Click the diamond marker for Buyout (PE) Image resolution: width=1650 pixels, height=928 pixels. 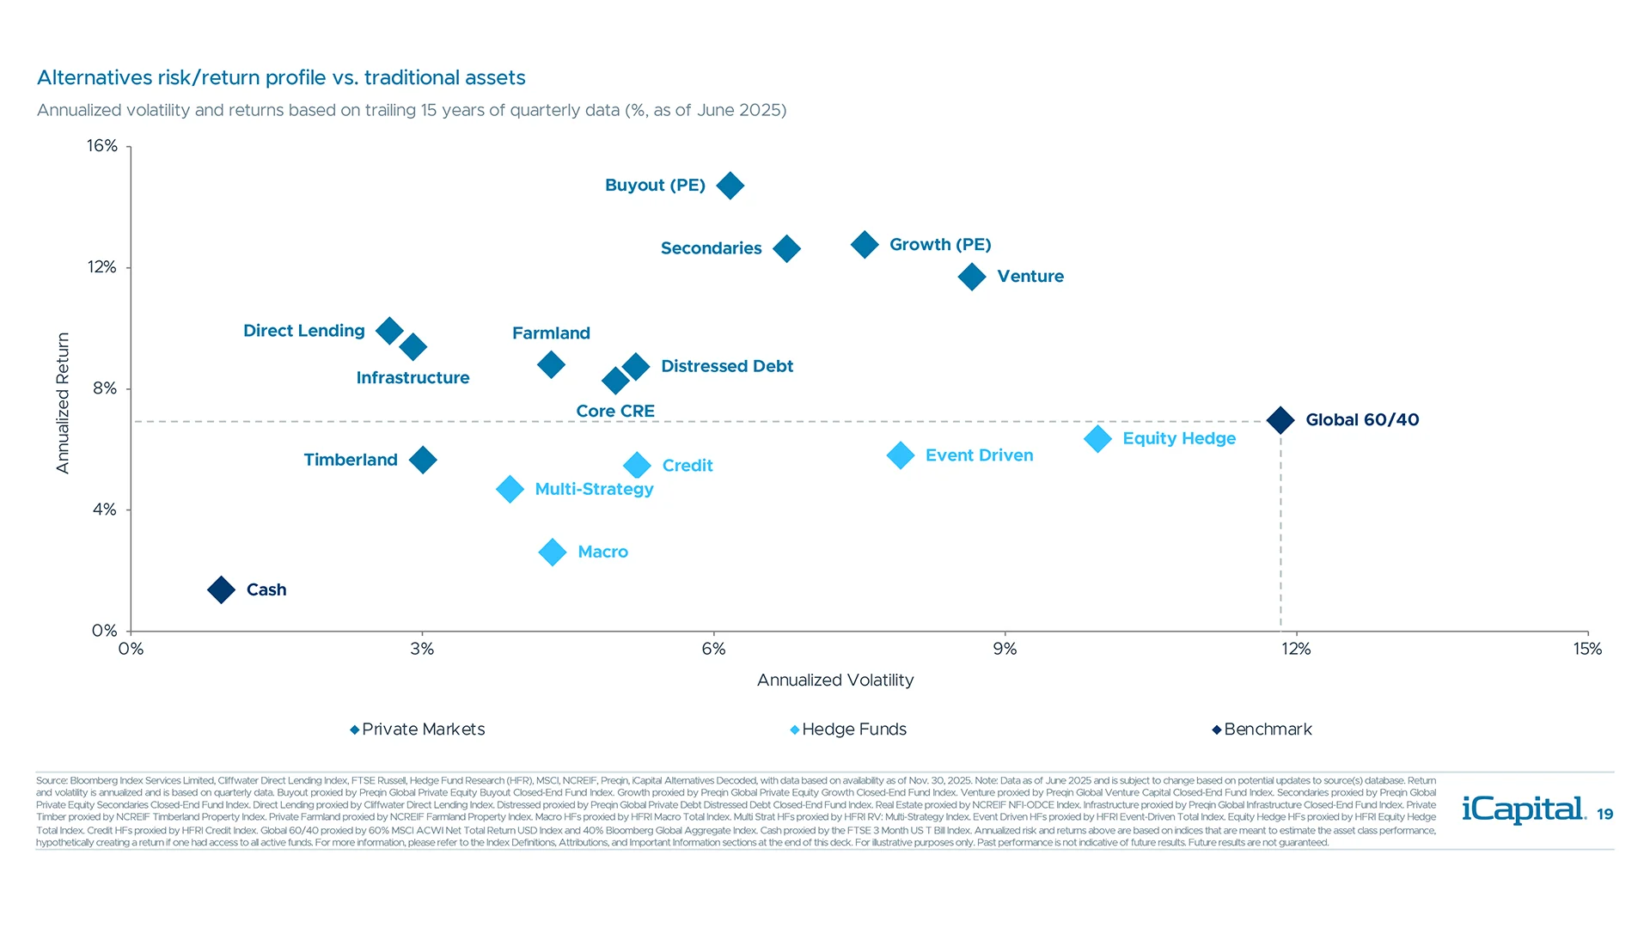[x=730, y=186]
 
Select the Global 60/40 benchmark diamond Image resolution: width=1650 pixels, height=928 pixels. [x=1280, y=420]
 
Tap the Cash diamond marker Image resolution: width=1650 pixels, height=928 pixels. [x=221, y=589]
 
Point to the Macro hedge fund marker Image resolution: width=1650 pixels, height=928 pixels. [x=553, y=552]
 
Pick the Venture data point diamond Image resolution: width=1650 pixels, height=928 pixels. [x=972, y=277]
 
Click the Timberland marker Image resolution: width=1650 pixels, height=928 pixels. [x=423, y=460]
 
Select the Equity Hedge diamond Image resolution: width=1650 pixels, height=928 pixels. [x=1097, y=439]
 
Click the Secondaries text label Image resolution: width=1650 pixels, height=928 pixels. [x=711, y=248]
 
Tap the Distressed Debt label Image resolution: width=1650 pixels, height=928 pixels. [x=726, y=366]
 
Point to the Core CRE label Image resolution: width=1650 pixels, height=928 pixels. [x=615, y=411]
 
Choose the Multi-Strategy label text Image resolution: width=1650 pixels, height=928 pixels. [x=594, y=489]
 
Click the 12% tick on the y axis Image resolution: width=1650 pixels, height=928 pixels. [x=102, y=267]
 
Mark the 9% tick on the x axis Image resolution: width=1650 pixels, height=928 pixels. [x=1005, y=650]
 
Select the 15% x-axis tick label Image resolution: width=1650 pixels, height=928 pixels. [x=1586, y=650]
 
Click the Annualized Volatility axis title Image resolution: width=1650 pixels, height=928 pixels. [x=834, y=681]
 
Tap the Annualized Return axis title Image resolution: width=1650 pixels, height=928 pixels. [x=63, y=403]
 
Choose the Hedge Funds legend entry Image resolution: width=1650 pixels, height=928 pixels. [x=848, y=730]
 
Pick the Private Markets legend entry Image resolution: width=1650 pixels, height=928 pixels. [x=418, y=730]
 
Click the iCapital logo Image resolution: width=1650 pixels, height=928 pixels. [x=1523, y=809]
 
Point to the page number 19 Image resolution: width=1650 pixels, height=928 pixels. [x=1604, y=815]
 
